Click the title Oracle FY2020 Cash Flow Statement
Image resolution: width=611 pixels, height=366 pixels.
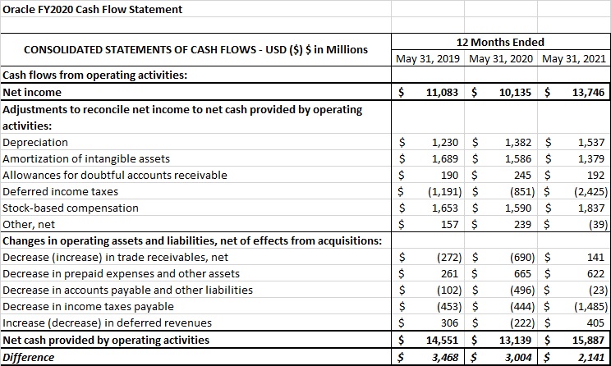pyautogui.click(x=92, y=10)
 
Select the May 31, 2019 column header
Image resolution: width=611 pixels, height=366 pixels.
pyautogui.click(x=430, y=59)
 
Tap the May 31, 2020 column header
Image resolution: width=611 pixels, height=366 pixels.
pyautogui.click(x=503, y=59)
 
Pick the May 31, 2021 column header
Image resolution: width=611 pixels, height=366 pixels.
pyautogui.click(x=574, y=59)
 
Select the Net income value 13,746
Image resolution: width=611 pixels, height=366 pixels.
pyautogui.click(x=589, y=93)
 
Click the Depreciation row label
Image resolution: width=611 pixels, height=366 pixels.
pyautogui.click(x=36, y=142)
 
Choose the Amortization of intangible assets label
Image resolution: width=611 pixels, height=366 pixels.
pyautogui.click(x=89, y=158)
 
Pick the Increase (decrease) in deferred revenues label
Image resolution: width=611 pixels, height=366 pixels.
pyautogui.click(x=108, y=323)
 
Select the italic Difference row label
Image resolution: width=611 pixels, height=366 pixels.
pyautogui.click(x=29, y=357)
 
